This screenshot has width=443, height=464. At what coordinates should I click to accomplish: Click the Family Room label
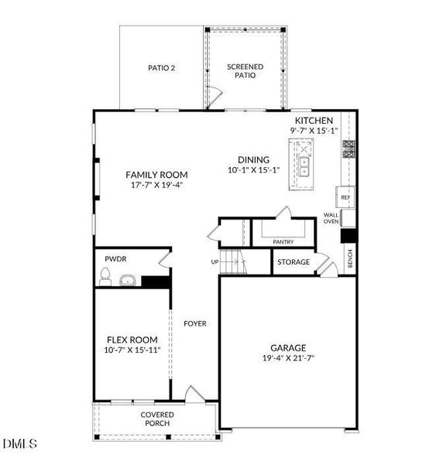coord(156,175)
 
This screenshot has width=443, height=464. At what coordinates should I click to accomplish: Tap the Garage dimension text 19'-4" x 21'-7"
coord(288,359)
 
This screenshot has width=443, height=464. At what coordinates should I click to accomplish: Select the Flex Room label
coord(132,339)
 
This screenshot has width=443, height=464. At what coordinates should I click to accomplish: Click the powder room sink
coord(128,279)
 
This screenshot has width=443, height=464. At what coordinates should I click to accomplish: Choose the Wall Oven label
coord(331,219)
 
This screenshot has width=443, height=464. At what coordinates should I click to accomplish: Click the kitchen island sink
coord(304,165)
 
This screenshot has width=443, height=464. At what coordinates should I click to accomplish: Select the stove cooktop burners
coord(349,149)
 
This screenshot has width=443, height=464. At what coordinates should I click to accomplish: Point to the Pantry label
coord(283,242)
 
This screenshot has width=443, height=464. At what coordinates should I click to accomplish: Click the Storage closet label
coord(294,262)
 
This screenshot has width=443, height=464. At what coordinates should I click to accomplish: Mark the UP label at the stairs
coord(215,262)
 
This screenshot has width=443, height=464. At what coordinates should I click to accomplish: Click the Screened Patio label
coord(246,71)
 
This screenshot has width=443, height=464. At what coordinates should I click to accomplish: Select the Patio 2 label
coord(162,68)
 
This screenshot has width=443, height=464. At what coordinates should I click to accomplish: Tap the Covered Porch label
coord(156,419)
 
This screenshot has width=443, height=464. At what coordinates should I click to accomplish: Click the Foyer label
coord(195,323)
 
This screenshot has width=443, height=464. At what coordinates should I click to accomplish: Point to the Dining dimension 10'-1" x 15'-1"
coord(253,170)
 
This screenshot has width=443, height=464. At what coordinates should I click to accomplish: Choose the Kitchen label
coord(314,121)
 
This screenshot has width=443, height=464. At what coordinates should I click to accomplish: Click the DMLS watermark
coord(19,444)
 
